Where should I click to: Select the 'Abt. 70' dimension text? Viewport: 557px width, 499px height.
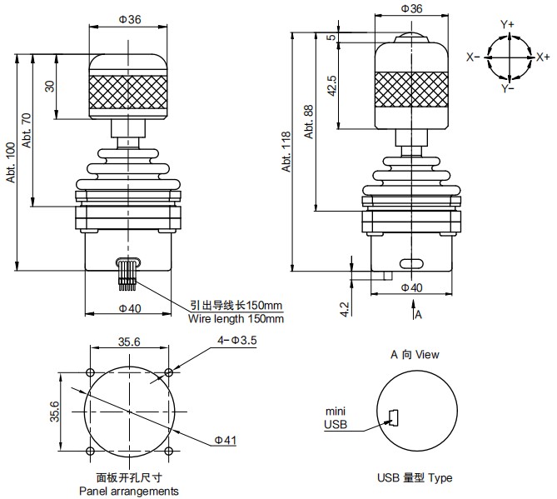[x=27, y=130]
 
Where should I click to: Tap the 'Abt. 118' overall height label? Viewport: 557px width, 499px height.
[x=286, y=152]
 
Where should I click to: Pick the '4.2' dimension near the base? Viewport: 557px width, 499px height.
[x=346, y=308]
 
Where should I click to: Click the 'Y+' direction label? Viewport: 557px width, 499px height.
[x=507, y=25]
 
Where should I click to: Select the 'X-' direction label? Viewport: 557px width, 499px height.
[x=472, y=57]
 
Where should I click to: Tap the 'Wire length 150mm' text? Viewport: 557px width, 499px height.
[x=236, y=318]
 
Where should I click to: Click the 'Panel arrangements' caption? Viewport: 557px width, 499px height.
[x=128, y=491]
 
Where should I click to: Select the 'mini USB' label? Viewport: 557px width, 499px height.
[x=335, y=418]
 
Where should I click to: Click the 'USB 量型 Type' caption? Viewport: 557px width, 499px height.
[x=415, y=477]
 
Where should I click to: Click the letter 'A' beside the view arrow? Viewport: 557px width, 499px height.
[x=419, y=315]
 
